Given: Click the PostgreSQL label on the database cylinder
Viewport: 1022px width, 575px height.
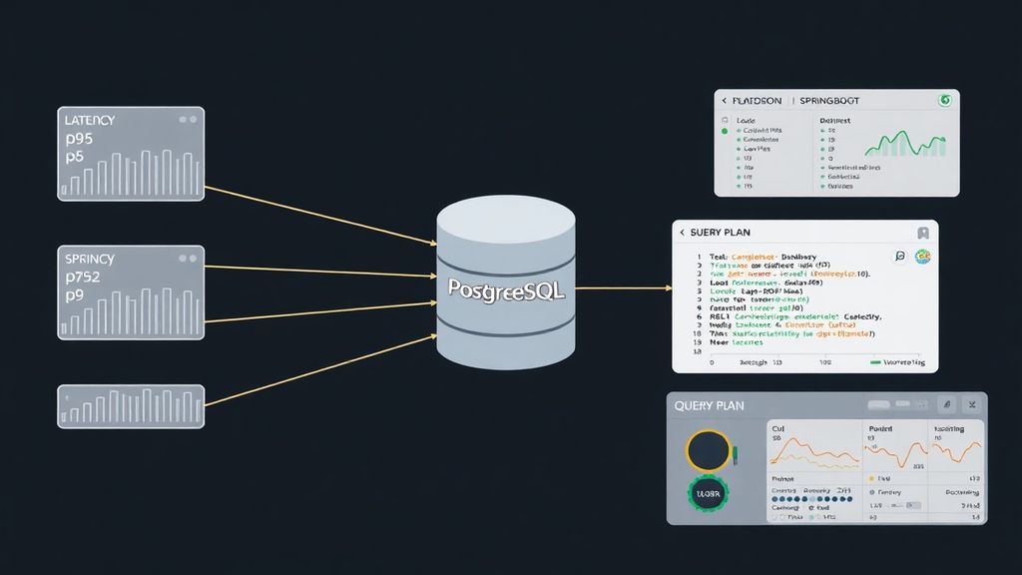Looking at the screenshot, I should [x=506, y=290].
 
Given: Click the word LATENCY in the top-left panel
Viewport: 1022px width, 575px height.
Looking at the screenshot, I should [x=89, y=120].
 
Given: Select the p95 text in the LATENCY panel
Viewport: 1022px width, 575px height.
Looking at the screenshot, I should [x=80, y=139].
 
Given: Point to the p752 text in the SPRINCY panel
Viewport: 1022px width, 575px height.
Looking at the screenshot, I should [x=85, y=278].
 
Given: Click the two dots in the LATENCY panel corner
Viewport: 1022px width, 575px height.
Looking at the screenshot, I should [x=187, y=120].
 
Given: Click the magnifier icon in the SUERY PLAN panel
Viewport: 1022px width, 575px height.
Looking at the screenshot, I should [x=900, y=257].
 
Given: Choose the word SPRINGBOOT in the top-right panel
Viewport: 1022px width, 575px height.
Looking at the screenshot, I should [x=829, y=101].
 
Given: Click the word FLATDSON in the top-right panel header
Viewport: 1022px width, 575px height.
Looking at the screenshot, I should [x=758, y=101].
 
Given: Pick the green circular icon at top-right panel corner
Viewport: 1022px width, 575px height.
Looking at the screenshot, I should [x=943, y=101].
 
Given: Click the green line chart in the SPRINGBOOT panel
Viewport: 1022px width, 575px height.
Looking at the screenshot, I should [x=904, y=144].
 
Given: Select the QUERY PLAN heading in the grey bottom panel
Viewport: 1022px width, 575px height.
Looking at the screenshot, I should [x=710, y=406].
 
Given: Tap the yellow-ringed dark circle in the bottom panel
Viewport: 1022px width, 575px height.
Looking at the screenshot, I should [x=709, y=451].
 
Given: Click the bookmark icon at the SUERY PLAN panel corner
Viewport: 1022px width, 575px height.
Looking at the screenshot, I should [x=923, y=233].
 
